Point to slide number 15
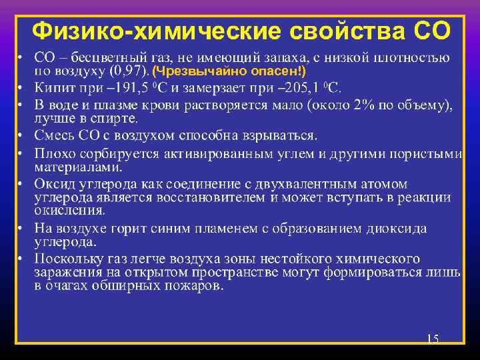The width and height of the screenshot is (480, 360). [x=432, y=339]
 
